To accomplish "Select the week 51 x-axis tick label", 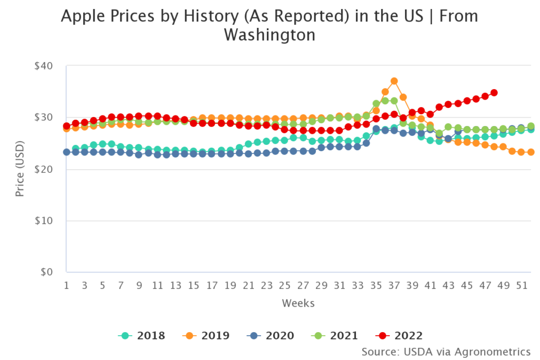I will click(522, 285).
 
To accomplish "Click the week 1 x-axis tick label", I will click(66, 285).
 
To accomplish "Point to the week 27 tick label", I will click(303, 285).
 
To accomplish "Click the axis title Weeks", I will click(298, 303).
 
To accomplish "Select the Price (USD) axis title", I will click(20, 169).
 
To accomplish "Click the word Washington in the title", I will click(269, 35).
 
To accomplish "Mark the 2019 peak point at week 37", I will click(394, 81).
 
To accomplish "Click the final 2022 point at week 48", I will click(494, 93).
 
